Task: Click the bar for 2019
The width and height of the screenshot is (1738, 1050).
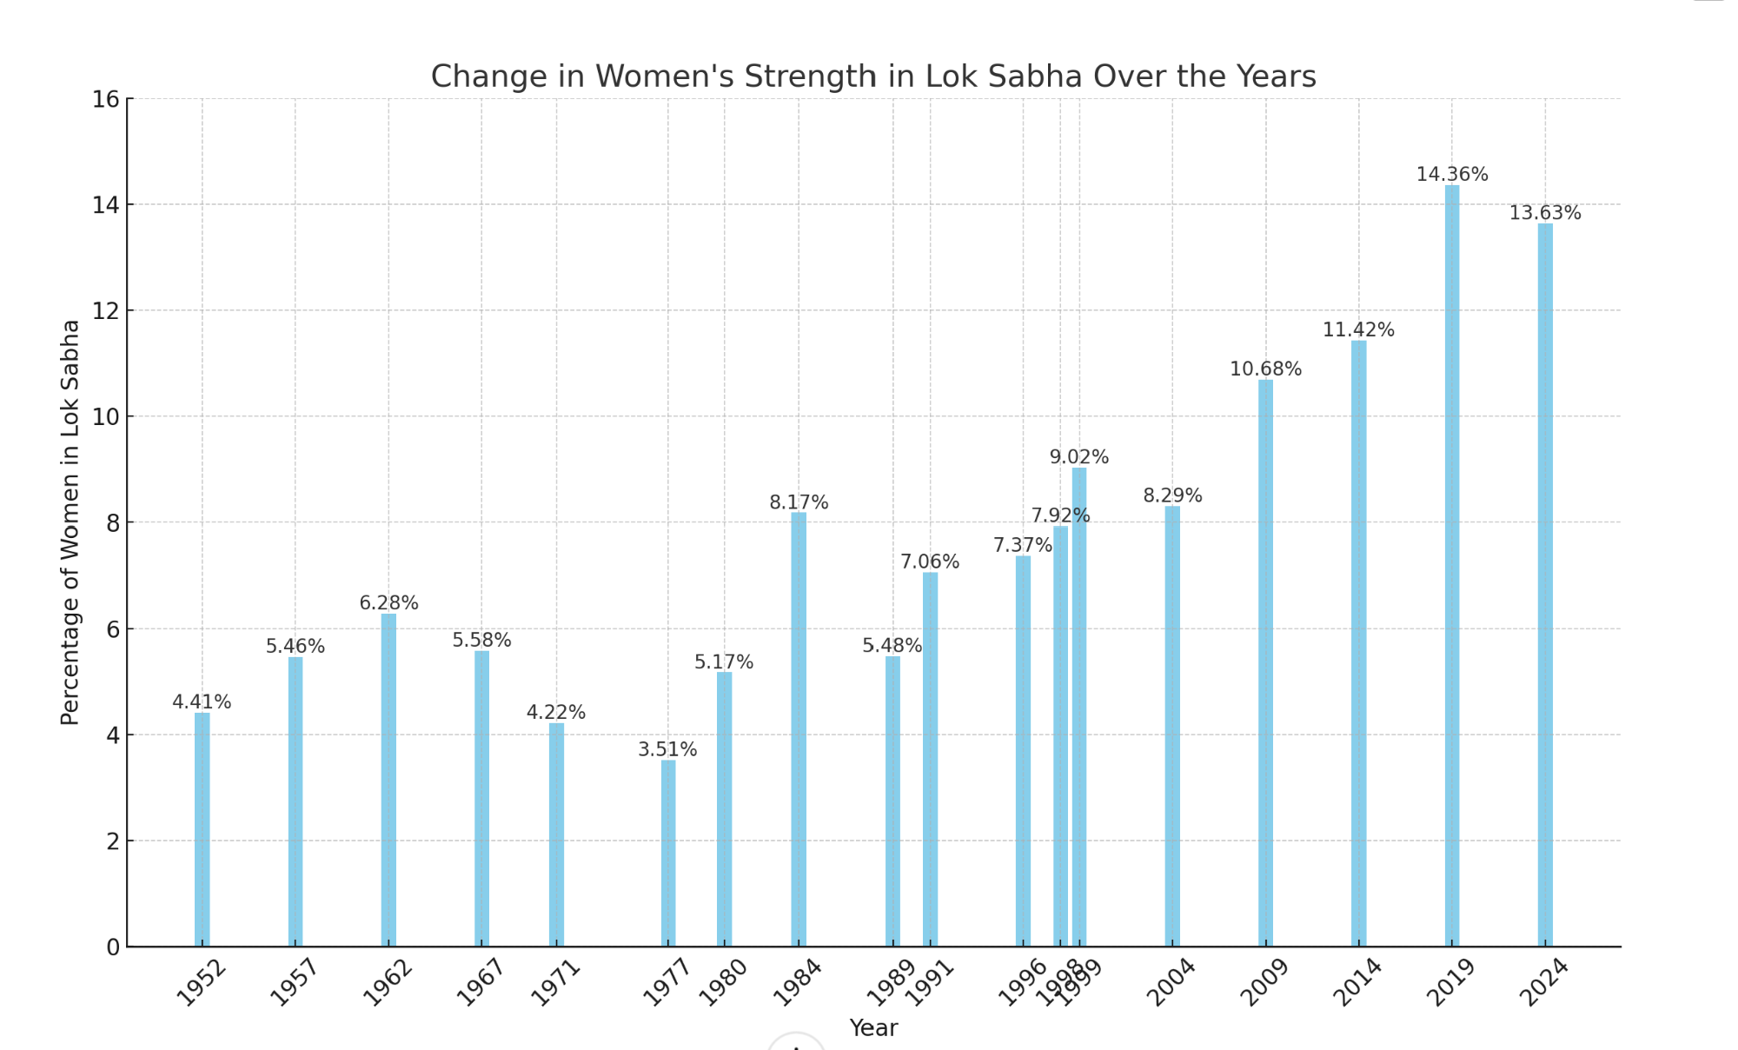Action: (x=1452, y=565)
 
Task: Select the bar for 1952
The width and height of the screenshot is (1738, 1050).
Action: (x=202, y=829)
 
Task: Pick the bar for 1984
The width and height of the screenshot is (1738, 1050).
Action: (x=799, y=729)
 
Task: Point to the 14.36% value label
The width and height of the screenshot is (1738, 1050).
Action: (x=1452, y=175)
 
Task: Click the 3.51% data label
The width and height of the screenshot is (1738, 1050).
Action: (x=667, y=749)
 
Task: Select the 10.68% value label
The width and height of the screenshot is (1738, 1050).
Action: (x=1265, y=369)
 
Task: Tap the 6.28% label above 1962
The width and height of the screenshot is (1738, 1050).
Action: (x=388, y=603)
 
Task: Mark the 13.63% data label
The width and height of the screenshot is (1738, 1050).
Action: (x=1545, y=213)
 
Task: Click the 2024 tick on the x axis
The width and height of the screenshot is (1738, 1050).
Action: (x=1543, y=982)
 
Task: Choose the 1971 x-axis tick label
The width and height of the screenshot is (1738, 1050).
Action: (x=555, y=982)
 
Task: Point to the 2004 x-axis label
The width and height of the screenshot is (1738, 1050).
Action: (x=1171, y=982)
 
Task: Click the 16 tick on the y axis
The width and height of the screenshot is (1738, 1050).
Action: (x=106, y=99)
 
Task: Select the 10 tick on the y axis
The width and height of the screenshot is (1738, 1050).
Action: (x=106, y=417)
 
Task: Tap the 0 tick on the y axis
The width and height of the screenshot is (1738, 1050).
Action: (x=113, y=947)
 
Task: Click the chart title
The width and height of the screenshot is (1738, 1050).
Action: (x=873, y=76)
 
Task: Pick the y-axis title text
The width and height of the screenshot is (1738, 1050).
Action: (x=70, y=522)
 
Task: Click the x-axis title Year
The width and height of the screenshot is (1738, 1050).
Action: (x=873, y=1028)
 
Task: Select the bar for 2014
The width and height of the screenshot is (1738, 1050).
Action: (x=1359, y=643)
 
